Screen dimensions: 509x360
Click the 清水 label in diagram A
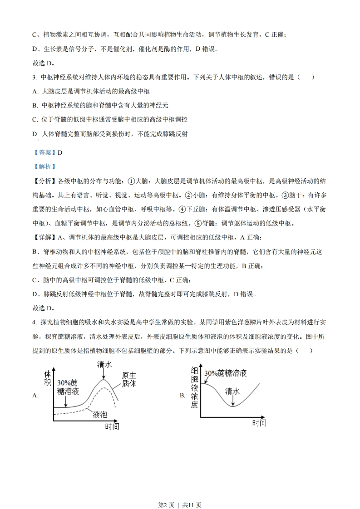pyautogui.click(x=104, y=364)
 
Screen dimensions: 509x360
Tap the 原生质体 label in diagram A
pyautogui.click(x=129, y=379)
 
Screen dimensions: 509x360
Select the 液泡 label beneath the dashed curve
pyautogui.click(x=100, y=414)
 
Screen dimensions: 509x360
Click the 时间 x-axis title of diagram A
pyautogui.click(x=112, y=426)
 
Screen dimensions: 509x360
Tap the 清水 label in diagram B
pyautogui.click(x=232, y=391)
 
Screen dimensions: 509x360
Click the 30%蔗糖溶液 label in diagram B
pyautogui.click(x=225, y=373)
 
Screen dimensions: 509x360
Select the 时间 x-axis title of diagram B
pyautogui.click(x=259, y=423)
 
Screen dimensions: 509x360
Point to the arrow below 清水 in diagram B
pyautogui.click(x=233, y=400)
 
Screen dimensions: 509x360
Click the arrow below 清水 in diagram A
pyautogui.click(x=104, y=373)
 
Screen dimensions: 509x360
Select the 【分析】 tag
pyautogui.click(x=44, y=181)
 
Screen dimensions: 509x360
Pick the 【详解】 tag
pyautogui.click(x=44, y=237)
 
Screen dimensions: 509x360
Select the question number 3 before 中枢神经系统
pyautogui.click(x=35, y=78)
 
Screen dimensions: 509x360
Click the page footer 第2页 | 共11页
pyautogui.click(x=180, y=492)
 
